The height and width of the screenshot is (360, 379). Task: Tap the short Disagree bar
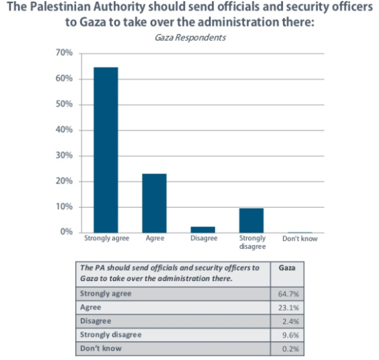(x=203, y=230)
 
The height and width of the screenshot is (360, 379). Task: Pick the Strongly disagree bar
(x=252, y=220)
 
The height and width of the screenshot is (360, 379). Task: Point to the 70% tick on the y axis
(x=65, y=53)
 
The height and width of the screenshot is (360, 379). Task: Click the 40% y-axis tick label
(x=65, y=130)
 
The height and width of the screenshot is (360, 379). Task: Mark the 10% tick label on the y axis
(x=65, y=206)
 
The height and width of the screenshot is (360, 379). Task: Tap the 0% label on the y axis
(x=67, y=232)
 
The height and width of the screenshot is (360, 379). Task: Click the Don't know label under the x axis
(x=300, y=239)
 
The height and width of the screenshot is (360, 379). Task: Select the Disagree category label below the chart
(x=203, y=239)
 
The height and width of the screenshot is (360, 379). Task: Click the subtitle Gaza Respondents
(x=189, y=38)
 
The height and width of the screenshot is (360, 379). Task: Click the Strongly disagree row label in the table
(x=111, y=335)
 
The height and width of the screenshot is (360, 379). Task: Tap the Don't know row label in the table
(x=101, y=349)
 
